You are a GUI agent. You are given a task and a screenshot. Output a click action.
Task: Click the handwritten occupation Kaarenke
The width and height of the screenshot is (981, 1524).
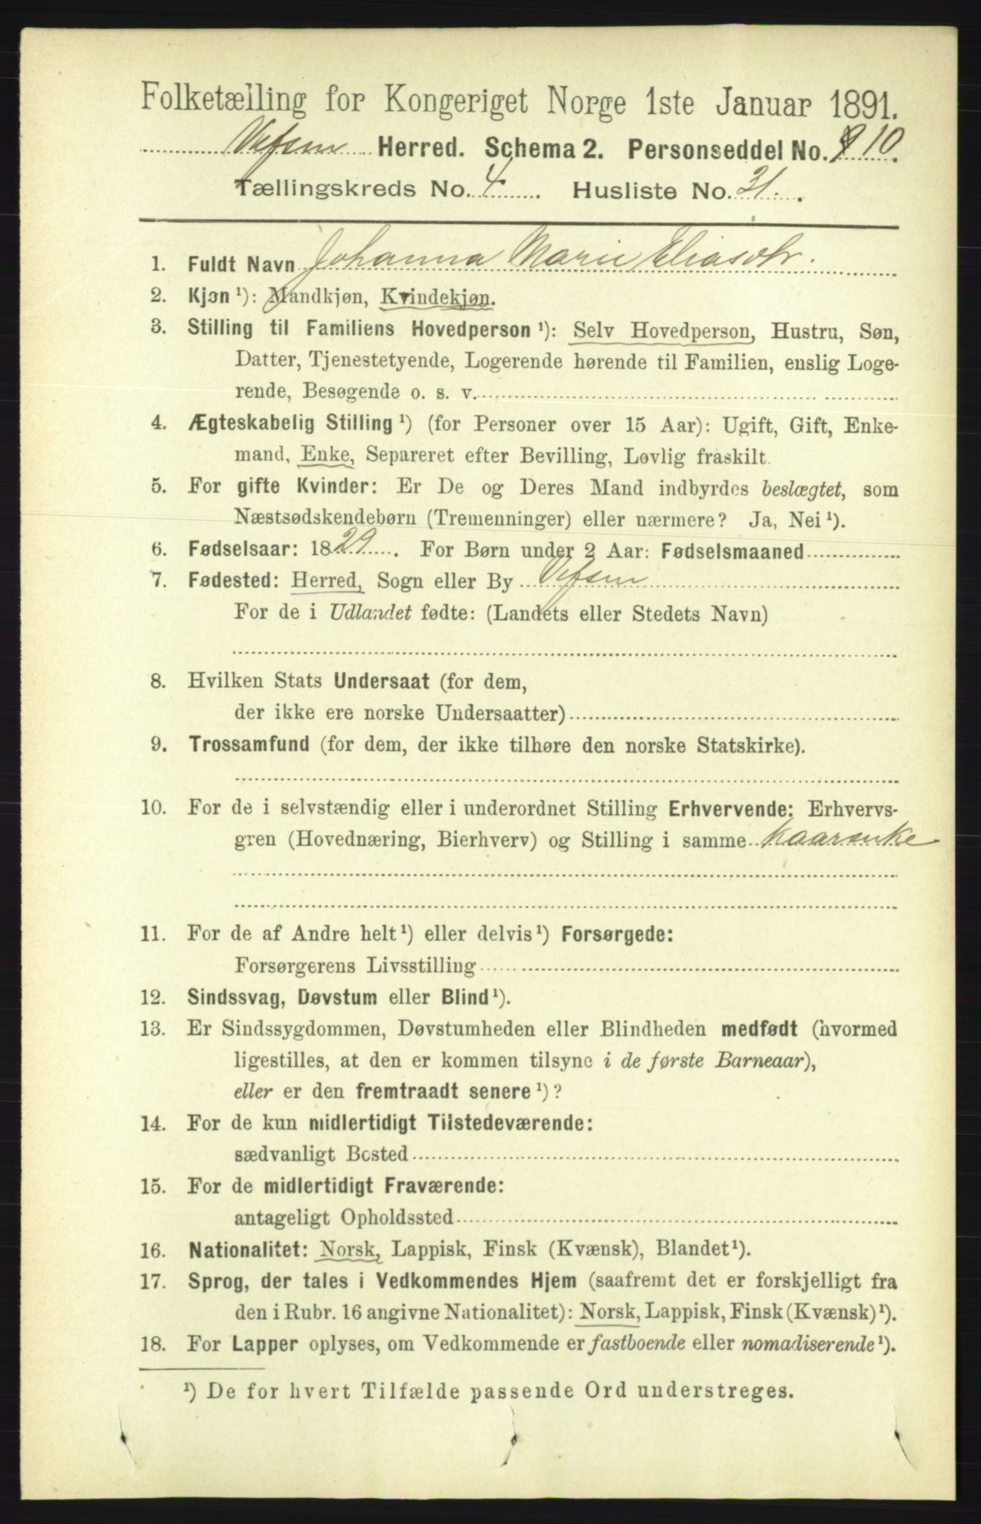tap(839, 840)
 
